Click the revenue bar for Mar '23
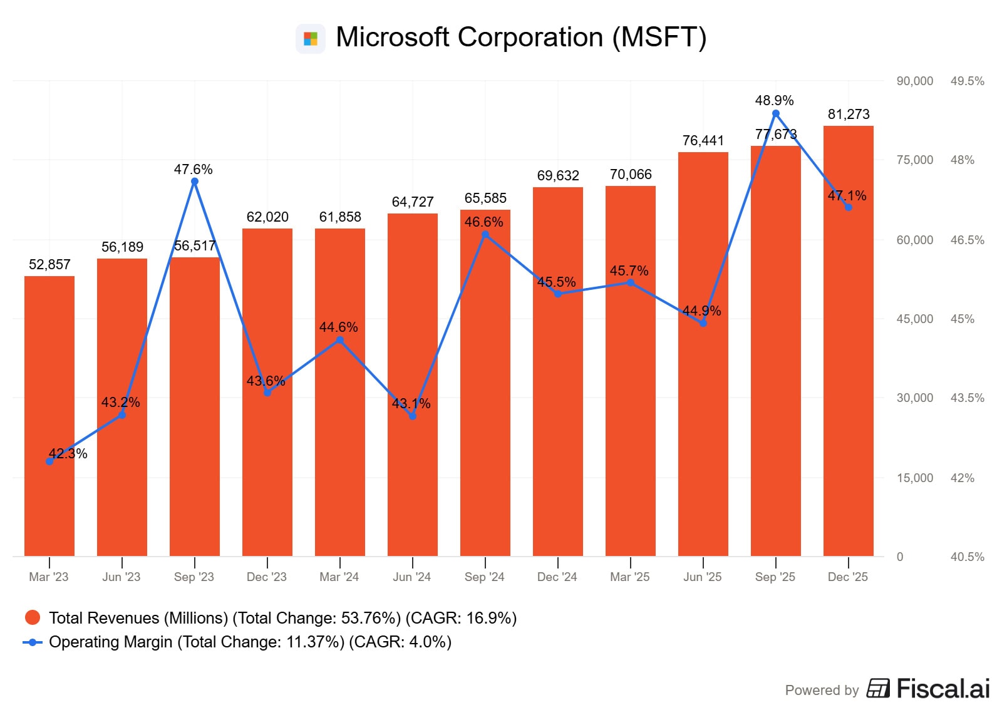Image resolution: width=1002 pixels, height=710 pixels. point(49,416)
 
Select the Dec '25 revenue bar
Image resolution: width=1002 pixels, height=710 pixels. point(848,341)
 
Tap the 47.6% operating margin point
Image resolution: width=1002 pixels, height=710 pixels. point(195,182)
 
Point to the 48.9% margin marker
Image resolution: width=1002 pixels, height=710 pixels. point(776,114)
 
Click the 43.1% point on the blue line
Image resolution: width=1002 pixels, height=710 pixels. point(413,416)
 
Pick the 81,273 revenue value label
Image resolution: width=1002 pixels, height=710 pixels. point(849,114)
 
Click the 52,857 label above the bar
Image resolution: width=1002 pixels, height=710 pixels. point(49,264)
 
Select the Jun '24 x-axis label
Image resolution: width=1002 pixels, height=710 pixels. point(411,577)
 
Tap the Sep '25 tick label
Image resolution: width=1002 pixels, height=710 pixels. point(775,577)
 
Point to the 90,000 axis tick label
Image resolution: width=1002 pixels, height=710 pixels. point(914,81)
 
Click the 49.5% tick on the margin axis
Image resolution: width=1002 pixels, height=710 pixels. point(967,81)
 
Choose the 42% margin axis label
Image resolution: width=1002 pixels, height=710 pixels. point(962,478)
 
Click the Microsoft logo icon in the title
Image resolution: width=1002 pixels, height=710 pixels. point(311,39)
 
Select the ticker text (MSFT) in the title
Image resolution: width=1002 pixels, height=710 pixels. point(659,38)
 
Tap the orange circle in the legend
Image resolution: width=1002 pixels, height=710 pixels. point(33,618)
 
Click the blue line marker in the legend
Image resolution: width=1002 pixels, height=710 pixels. point(33,642)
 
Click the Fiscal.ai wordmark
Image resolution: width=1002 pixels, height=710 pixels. point(943,689)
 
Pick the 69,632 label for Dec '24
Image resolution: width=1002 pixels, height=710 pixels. point(558,175)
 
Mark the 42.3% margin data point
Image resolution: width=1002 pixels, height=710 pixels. point(50,461)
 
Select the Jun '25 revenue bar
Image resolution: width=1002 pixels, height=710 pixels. point(703,354)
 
